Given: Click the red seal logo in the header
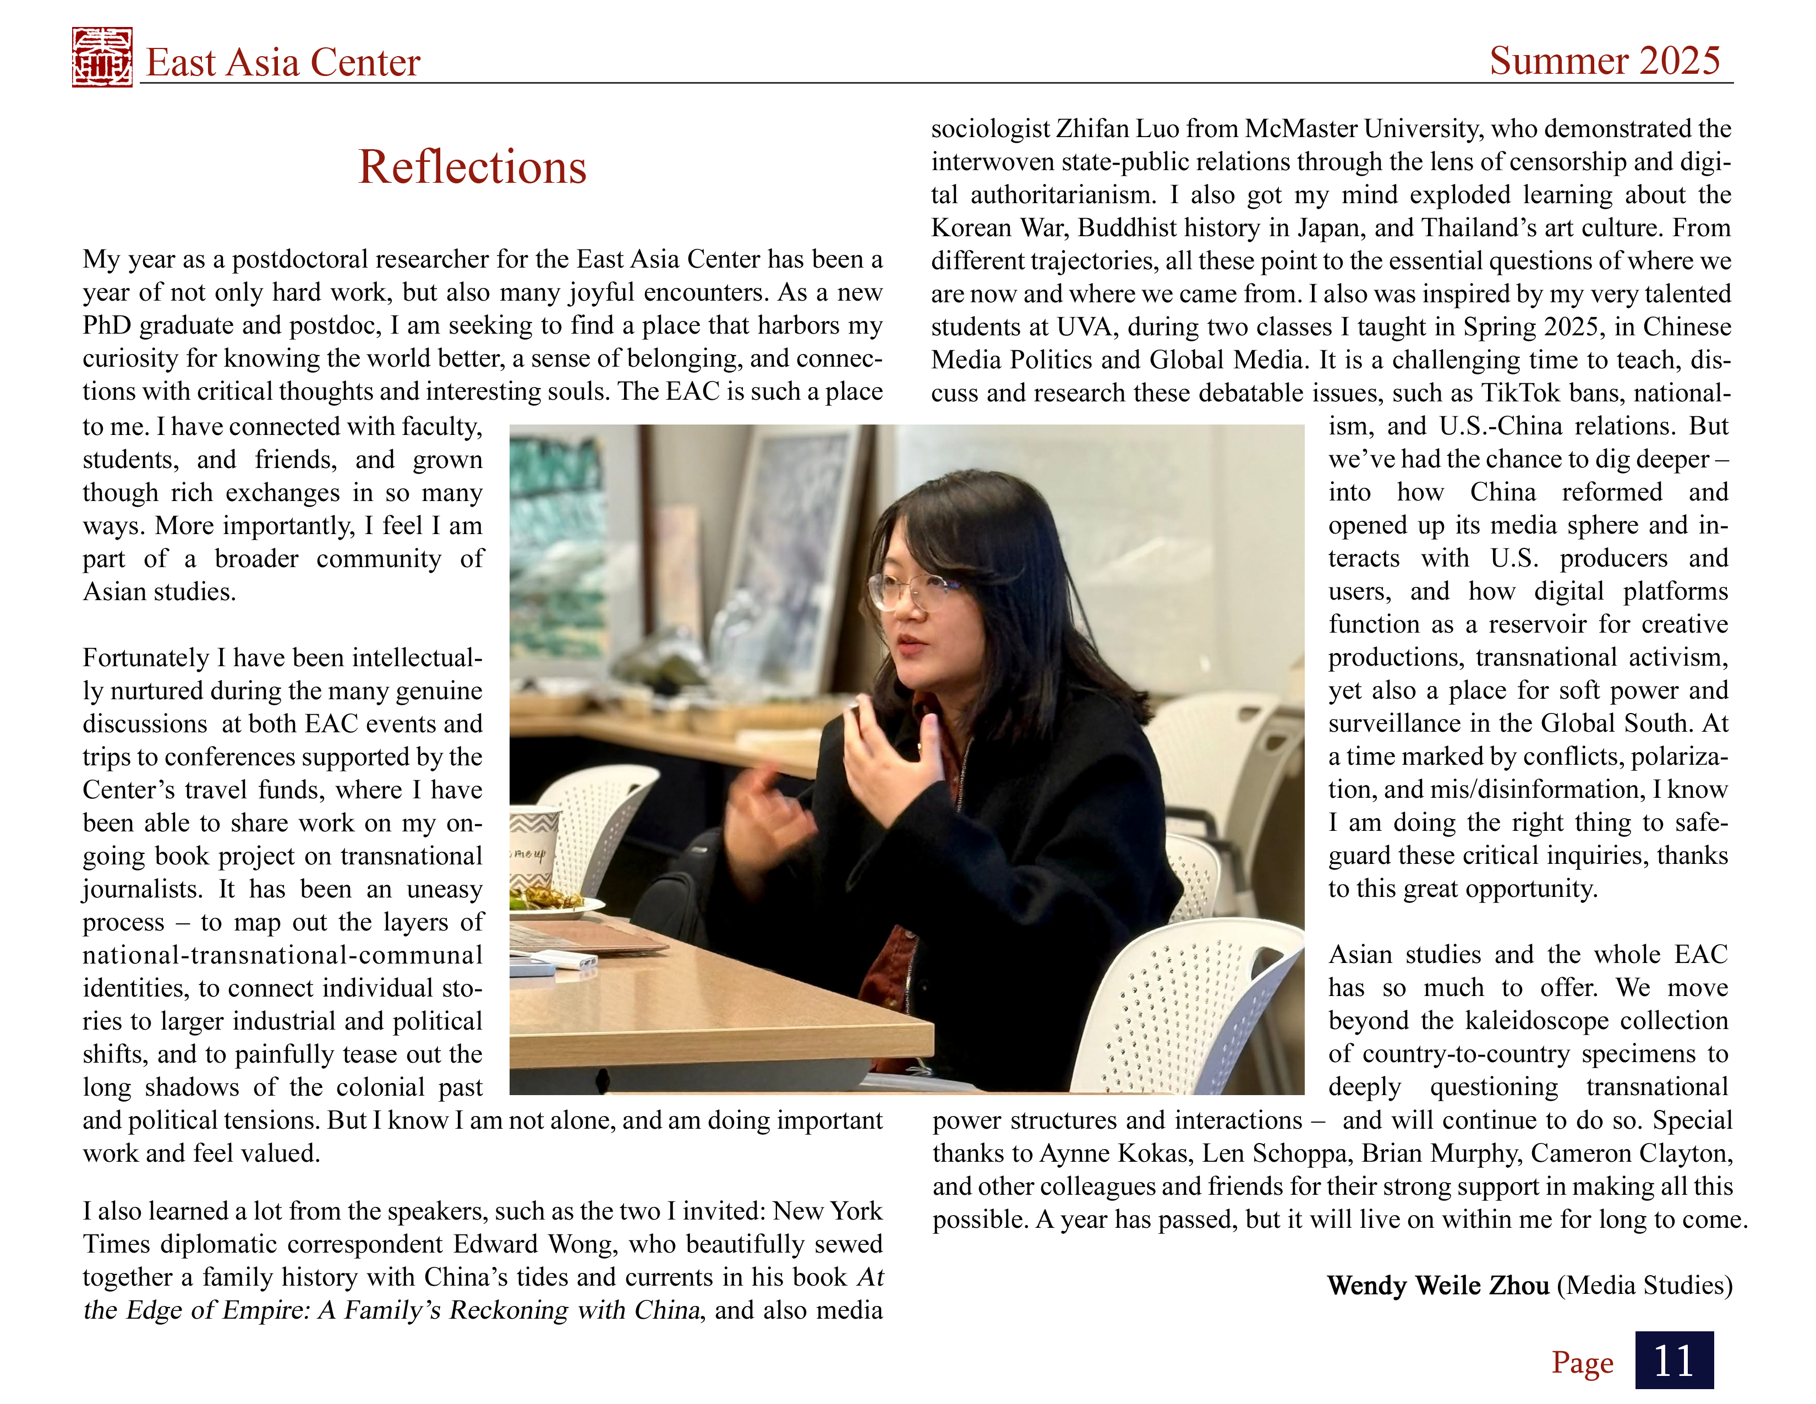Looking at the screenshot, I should click(x=101, y=57).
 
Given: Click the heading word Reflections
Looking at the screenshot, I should click(x=472, y=167).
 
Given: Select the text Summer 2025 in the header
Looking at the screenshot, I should click(x=1604, y=61).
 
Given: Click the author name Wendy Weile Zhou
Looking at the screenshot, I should click(x=1437, y=1285).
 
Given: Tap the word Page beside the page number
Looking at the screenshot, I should click(x=1582, y=1362).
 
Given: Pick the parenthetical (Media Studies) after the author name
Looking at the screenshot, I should click(x=1644, y=1285).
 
